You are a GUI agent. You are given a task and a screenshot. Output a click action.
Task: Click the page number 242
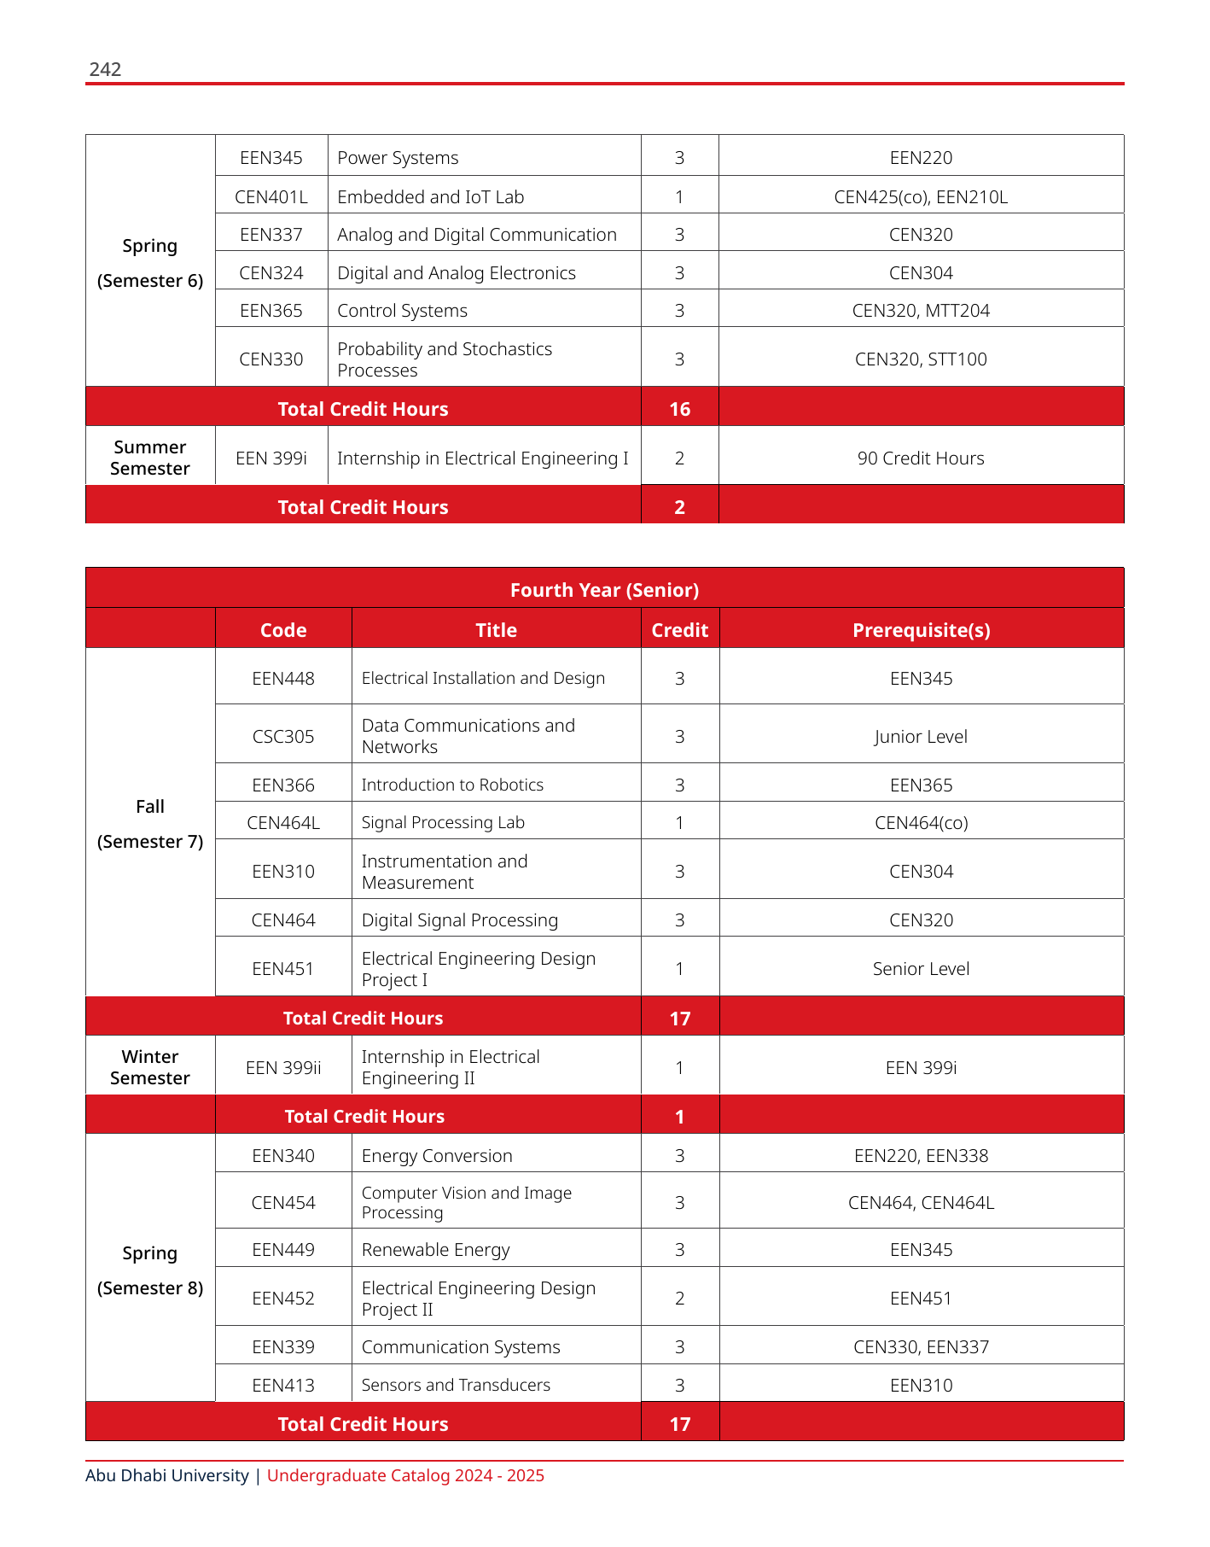pos(105,69)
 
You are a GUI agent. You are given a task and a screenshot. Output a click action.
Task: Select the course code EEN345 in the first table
pos(271,158)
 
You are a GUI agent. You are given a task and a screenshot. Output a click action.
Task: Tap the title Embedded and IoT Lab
pos(430,197)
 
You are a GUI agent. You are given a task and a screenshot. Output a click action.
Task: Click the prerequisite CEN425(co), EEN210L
pos(921,197)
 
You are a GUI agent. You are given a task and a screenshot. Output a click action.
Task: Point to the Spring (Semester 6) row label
pos(150,263)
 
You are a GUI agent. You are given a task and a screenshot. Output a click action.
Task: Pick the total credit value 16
pos(679,409)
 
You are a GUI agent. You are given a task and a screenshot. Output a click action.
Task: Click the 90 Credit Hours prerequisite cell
pos(921,458)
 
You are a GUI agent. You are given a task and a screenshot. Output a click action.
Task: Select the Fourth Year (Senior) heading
pos(604,590)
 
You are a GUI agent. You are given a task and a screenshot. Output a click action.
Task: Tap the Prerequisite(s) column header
pos(921,630)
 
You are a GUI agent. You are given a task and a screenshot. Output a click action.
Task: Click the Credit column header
pos(679,630)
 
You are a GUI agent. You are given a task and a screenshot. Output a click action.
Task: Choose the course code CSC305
pos(283,736)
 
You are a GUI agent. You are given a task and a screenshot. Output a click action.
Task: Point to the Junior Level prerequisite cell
pos(921,736)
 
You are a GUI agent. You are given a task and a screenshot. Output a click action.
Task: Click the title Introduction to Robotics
pos(452,785)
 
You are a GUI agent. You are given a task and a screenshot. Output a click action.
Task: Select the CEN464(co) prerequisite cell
pos(921,823)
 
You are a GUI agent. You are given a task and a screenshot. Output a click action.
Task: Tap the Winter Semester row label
pos(150,1067)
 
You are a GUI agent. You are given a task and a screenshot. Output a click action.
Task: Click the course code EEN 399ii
pos(283,1068)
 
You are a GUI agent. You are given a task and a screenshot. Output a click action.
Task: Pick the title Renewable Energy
pos(435,1250)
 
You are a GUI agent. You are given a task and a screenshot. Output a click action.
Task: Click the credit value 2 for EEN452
pos(679,1299)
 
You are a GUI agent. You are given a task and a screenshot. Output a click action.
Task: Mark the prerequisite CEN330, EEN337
pos(921,1347)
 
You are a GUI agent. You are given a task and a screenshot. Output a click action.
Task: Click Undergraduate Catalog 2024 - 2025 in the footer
pos(405,1475)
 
